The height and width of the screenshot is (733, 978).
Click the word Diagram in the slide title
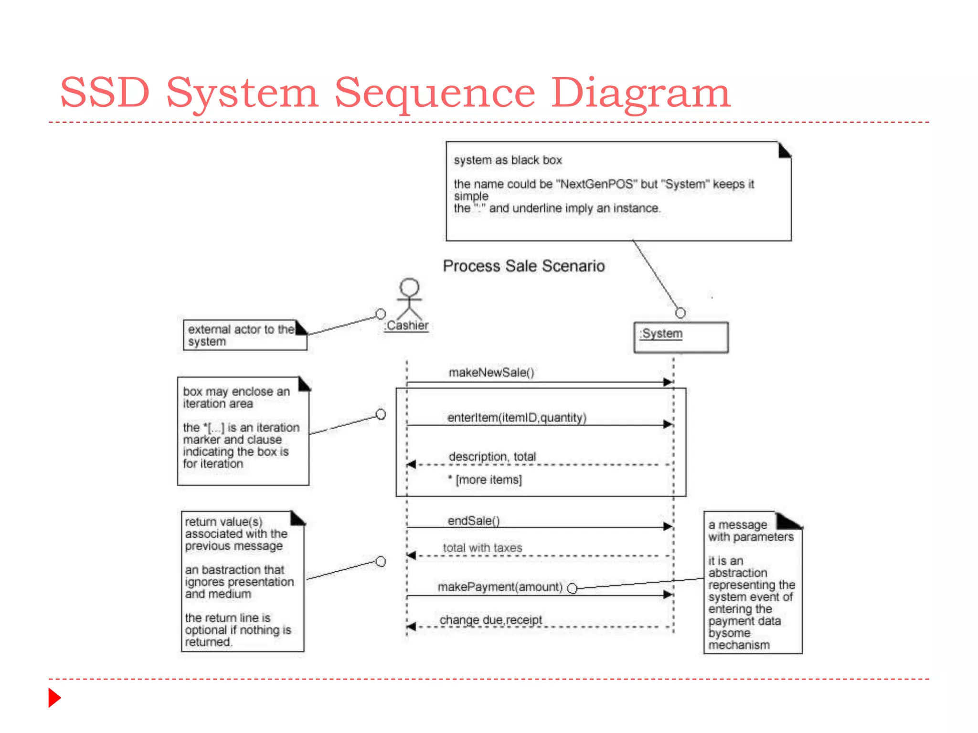(x=640, y=93)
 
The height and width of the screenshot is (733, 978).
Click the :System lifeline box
(x=680, y=337)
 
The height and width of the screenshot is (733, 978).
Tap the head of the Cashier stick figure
(x=409, y=287)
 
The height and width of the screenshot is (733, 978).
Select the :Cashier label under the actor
(x=407, y=325)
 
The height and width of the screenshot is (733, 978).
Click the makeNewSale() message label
(x=491, y=372)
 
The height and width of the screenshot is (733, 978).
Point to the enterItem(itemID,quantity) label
(x=517, y=418)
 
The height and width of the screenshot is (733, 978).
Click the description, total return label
(x=492, y=457)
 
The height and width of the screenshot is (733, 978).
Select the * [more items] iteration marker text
(x=485, y=480)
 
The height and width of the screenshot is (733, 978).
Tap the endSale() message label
(x=473, y=521)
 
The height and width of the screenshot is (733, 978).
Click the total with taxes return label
(x=482, y=548)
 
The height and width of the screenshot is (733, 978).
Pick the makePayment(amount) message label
(x=500, y=586)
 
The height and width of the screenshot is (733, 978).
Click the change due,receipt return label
(x=490, y=620)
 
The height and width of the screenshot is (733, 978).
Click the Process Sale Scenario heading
(x=523, y=266)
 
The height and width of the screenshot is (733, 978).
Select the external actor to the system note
(x=241, y=335)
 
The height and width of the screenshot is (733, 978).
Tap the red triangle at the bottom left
(x=54, y=698)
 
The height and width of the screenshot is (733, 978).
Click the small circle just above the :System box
(x=680, y=313)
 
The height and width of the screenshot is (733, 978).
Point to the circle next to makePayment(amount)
(x=572, y=588)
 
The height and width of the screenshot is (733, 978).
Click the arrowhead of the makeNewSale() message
(x=668, y=382)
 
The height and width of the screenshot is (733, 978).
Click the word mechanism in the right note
(x=739, y=645)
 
